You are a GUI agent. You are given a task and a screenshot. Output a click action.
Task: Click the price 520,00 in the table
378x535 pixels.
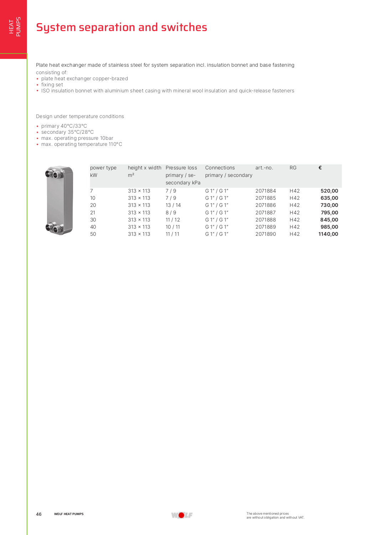point(329,191)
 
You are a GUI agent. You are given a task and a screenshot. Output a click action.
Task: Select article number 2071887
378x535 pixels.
point(265,213)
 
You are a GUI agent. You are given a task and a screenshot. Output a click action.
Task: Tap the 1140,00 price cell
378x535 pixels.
point(328,234)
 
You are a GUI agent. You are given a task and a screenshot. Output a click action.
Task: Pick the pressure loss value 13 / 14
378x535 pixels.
point(173,205)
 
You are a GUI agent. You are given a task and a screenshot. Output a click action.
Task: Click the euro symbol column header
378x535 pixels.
point(320,168)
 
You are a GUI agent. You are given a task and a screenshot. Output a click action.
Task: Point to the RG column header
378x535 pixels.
point(293,168)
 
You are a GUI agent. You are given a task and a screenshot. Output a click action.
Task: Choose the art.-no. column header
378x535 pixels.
point(264,168)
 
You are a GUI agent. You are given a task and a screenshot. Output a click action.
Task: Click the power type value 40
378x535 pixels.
point(93,227)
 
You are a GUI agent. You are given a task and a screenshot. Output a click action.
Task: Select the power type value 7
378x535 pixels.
point(92,191)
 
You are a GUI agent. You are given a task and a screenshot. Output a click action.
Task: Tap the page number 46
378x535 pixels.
point(39,514)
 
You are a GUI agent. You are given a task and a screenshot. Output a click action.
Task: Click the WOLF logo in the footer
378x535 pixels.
point(182,515)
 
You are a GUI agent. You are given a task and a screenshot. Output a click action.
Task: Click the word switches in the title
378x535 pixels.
point(184,27)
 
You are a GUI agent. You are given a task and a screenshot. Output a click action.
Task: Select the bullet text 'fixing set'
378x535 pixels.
point(52,85)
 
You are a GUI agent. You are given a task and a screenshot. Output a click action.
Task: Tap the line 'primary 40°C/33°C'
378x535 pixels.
point(64,126)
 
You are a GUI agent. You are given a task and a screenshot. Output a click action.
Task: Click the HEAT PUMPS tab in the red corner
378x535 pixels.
point(15,27)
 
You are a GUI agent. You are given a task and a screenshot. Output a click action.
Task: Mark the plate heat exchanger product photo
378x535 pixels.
point(59,200)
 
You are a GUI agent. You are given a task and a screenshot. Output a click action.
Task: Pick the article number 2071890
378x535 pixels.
point(265,234)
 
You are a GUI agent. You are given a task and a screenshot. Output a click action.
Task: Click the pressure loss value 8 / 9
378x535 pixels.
point(171,213)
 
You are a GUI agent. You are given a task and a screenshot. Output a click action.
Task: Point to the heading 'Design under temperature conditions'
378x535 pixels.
point(80,116)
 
